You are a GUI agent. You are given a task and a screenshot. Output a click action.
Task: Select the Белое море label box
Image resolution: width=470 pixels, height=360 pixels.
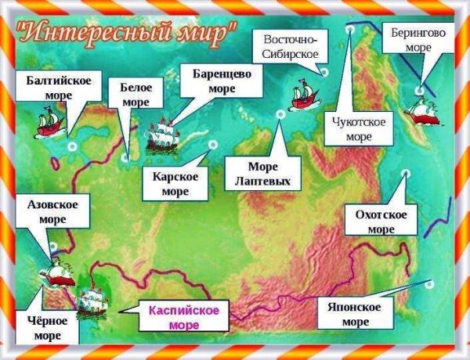click(135, 94)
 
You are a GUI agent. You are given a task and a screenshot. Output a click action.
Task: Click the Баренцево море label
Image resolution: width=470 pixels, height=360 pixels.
click(222, 80)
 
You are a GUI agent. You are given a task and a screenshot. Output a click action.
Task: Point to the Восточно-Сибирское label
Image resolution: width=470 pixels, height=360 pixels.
click(290, 46)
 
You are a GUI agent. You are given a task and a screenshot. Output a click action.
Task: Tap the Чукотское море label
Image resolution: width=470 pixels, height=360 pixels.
click(358, 128)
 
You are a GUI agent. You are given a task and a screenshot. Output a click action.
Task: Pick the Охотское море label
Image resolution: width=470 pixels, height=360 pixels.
click(381, 221)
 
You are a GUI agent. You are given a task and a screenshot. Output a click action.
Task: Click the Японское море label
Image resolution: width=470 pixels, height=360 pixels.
click(356, 313)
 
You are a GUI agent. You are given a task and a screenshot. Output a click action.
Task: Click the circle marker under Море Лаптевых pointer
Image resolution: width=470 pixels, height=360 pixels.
click(280, 114)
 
